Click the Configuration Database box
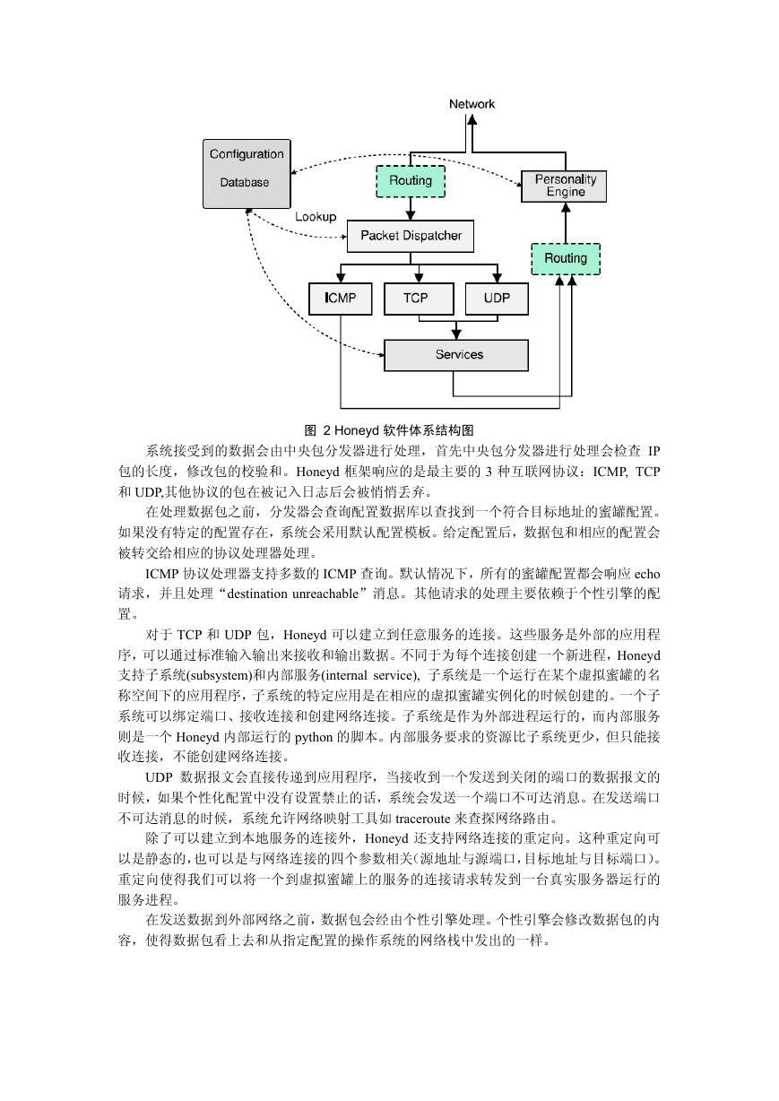click(247, 174)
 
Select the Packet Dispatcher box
click(411, 236)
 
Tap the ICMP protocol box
click(340, 299)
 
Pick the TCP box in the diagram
click(419, 299)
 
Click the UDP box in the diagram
click(497, 299)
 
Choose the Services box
click(456, 355)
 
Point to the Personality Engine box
click(564, 186)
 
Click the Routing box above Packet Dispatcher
click(411, 181)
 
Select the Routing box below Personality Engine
click(566, 259)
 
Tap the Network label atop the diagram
click(472, 104)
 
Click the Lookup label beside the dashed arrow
click(316, 217)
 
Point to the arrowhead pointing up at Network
click(472, 119)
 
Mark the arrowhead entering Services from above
click(456, 334)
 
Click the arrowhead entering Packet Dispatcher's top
click(411, 215)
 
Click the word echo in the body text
click(647, 574)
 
